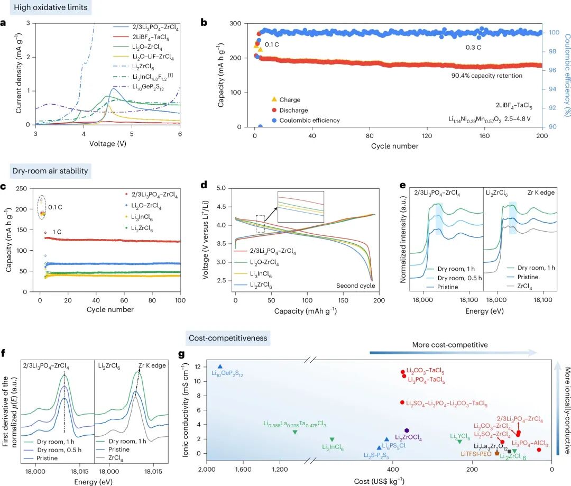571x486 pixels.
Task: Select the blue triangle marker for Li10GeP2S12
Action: pyautogui.click(x=220, y=366)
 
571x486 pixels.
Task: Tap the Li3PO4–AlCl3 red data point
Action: pyautogui.click(x=539, y=450)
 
